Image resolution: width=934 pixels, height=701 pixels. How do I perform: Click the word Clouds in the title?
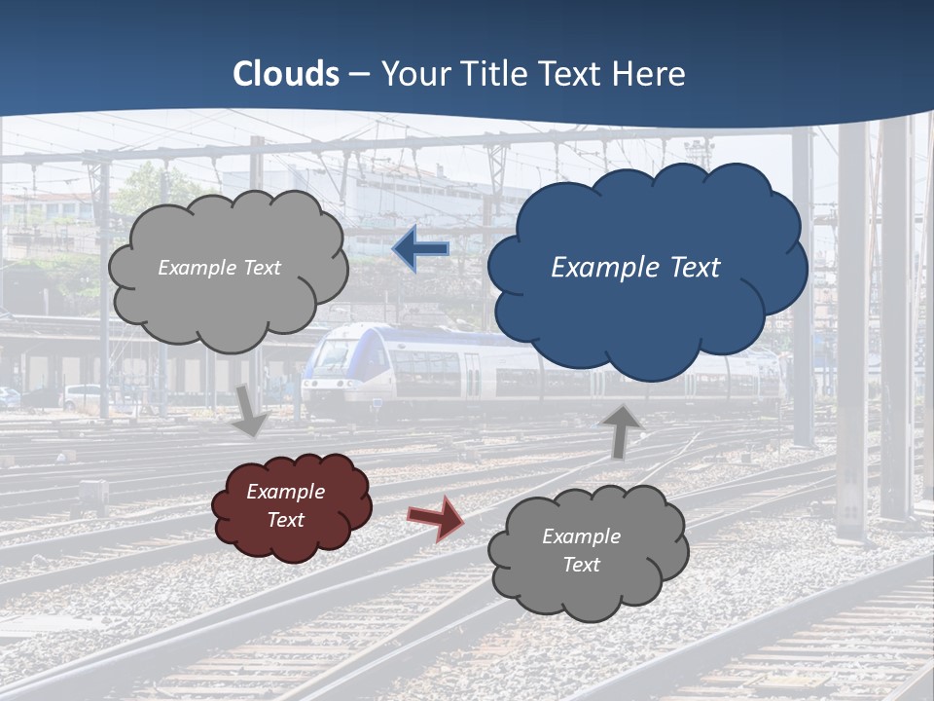[x=286, y=74]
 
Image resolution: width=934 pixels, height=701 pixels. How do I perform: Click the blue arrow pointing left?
[x=421, y=249]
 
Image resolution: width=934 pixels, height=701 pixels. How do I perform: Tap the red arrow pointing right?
[x=435, y=517]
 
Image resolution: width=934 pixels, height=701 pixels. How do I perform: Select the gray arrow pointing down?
[x=252, y=412]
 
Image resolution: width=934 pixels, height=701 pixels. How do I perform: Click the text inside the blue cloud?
[x=635, y=268]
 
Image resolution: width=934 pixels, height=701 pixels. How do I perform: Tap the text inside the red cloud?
[x=286, y=505]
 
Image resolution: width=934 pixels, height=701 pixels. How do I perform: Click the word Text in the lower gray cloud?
[x=582, y=565]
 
